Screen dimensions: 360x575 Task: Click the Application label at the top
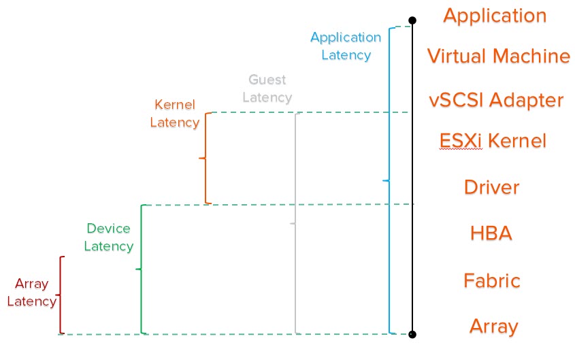tap(495, 16)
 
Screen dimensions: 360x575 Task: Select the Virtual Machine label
tap(498, 56)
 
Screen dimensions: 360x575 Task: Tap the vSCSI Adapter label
tap(496, 100)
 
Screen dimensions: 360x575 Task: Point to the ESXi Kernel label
tap(493, 142)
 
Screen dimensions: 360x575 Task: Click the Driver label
tap(491, 186)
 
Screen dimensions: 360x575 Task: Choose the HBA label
tap(491, 233)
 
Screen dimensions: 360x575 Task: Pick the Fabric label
tap(491, 280)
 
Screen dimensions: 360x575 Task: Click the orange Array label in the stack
tap(493, 326)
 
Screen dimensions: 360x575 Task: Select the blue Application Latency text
tap(346, 46)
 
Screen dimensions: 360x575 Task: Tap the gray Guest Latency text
tap(267, 88)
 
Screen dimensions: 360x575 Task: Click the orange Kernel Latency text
tap(175, 114)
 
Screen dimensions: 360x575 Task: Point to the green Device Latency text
tap(109, 237)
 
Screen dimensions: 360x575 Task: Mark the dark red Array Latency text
tap(31, 293)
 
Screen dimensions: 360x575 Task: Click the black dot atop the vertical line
tap(412, 20)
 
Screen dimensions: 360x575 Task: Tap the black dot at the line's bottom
tap(412, 334)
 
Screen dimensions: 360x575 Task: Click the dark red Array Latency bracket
tap(61, 295)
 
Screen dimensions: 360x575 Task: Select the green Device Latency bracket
tap(141, 269)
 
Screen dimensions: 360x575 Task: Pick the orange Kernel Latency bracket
tap(206, 158)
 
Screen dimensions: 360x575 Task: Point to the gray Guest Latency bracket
tap(295, 223)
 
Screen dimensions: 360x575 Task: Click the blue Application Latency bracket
tap(389, 180)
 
